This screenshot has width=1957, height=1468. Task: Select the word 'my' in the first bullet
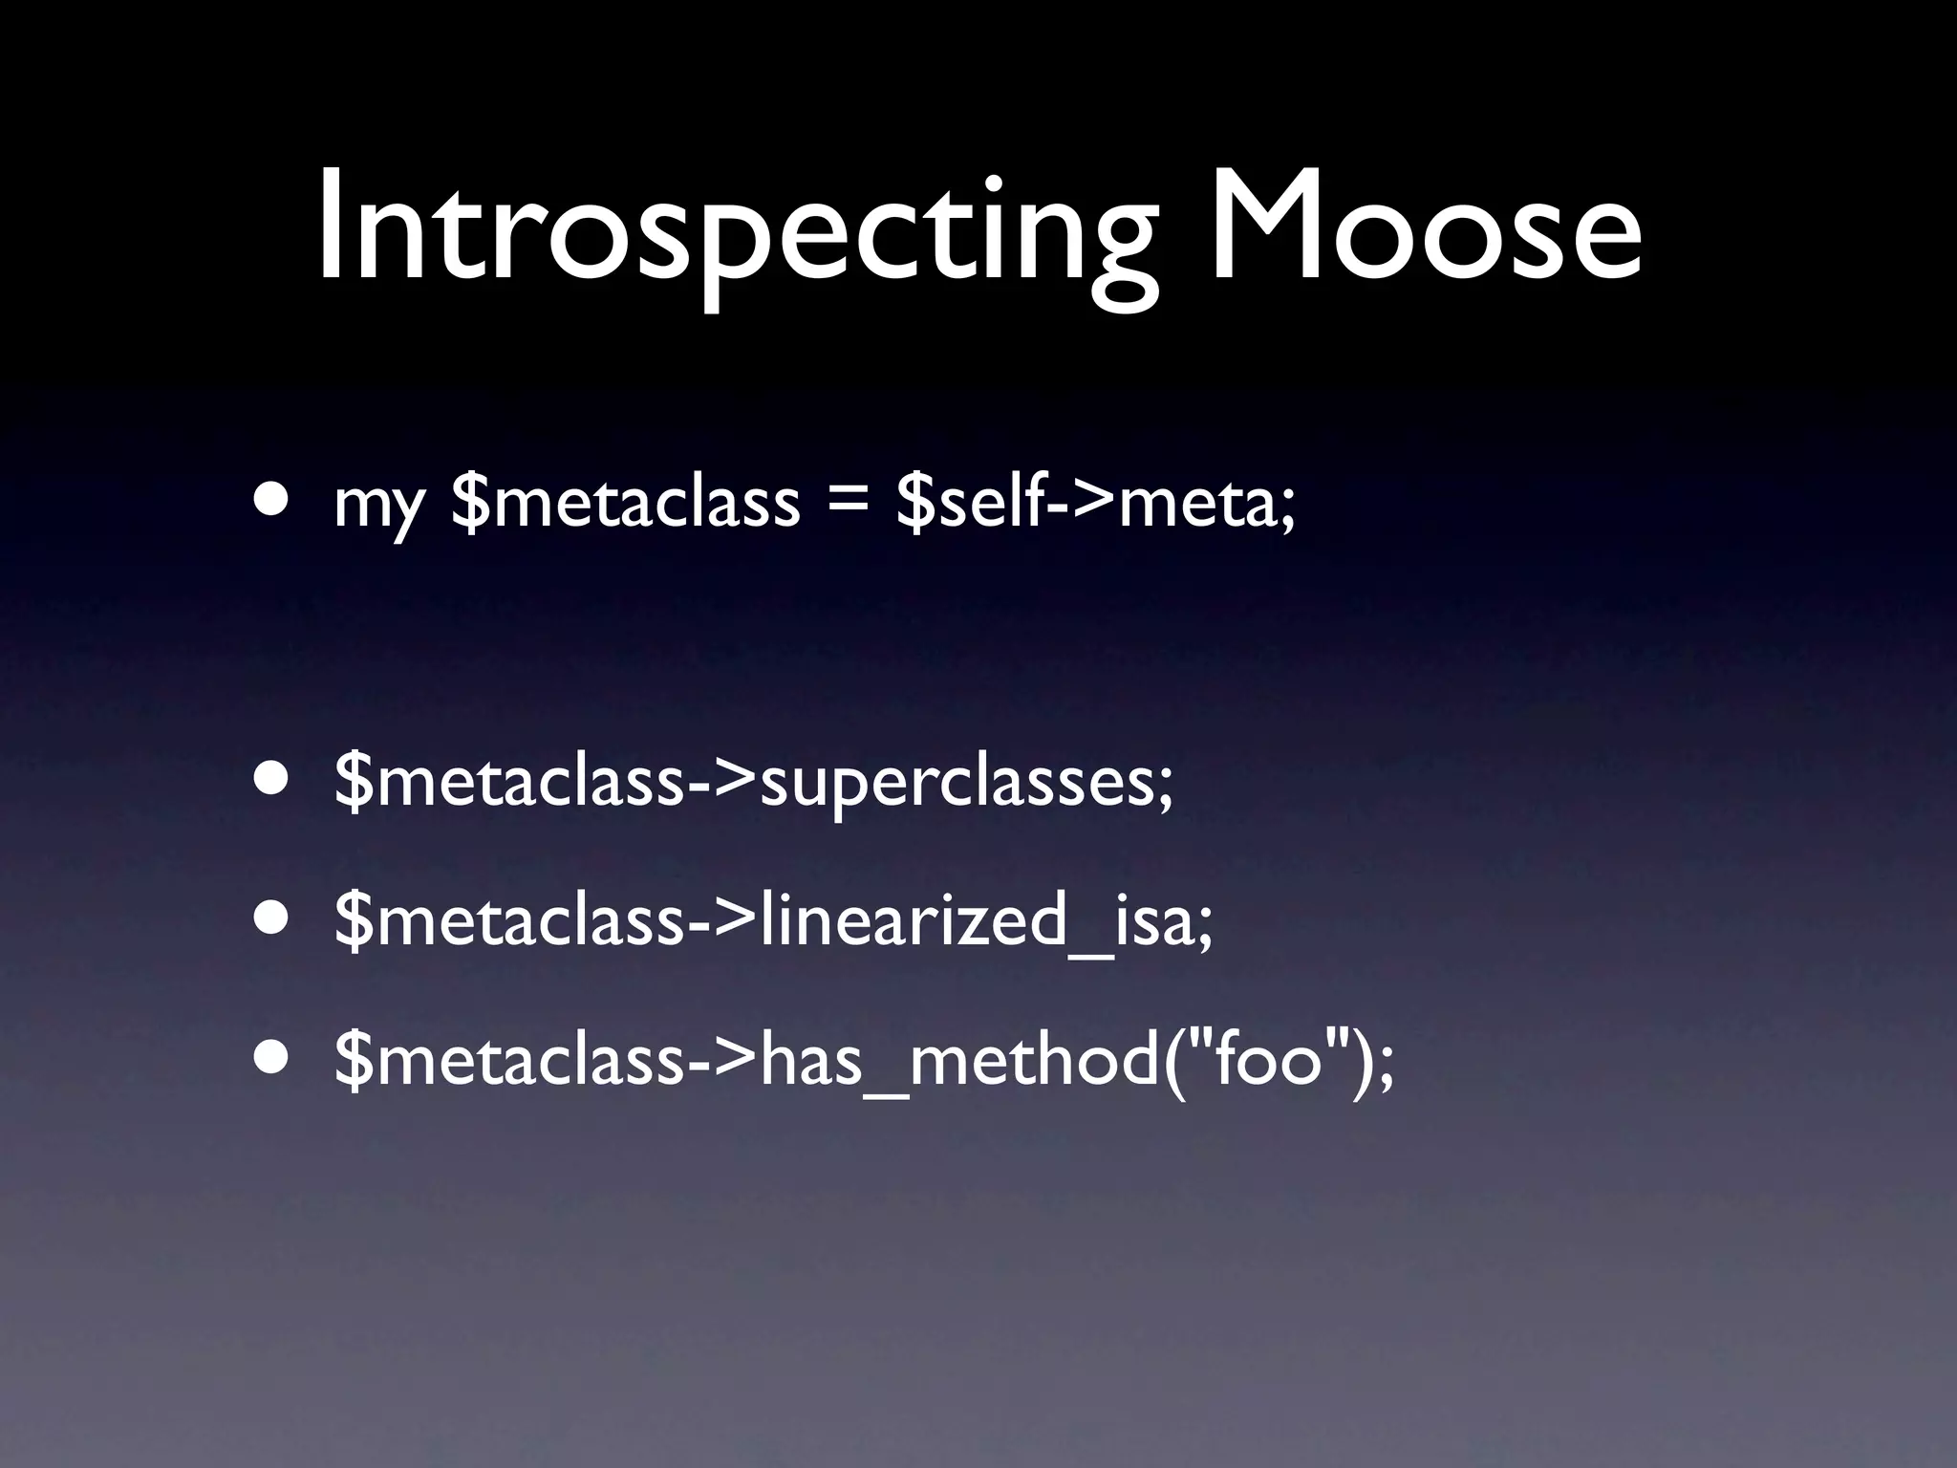tap(378, 507)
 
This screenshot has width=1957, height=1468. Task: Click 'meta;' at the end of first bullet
tap(1208, 503)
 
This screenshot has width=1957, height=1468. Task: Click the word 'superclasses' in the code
tap(965, 784)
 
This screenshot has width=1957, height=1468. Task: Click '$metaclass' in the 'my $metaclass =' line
tap(626, 501)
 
